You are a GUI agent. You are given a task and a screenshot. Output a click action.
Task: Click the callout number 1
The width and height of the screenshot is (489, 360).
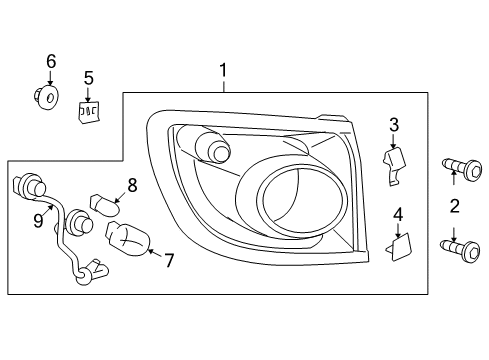pyautogui.click(x=223, y=70)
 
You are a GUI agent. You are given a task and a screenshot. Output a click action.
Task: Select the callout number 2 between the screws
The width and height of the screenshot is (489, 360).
pyautogui.click(x=455, y=206)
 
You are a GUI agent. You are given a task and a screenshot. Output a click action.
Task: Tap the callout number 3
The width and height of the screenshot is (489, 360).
pyautogui.click(x=394, y=125)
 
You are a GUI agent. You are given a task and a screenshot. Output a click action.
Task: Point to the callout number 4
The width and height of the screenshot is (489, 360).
pyautogui.click(x=398, y=215)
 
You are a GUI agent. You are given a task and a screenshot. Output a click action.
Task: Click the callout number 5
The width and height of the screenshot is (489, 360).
pyautogui.click(x=88, y=78)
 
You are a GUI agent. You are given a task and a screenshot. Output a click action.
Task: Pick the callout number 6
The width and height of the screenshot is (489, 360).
pyautogui.click(x=51, y=62)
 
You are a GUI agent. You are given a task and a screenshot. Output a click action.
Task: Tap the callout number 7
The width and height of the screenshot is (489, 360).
pyautogui.click(x=169, y=260)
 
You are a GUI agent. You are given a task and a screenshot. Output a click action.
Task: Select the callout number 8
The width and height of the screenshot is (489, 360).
pyautogui.click(x=132, y=185)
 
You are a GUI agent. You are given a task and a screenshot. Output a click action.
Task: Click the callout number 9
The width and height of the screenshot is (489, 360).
pyautogui.click(x=38, y=220)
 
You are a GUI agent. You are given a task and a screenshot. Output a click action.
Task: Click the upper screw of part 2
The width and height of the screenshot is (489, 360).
pyautogui.click(x=462, y=168)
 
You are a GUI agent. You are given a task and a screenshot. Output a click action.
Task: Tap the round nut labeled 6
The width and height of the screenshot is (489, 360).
pyautogui.click(x=46, y=97)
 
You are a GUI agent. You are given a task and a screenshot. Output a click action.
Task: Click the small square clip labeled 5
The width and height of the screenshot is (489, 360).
pyautogui.click(x=89, y=112)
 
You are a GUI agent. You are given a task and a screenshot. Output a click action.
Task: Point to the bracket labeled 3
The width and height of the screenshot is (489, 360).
pyautogui.click(x=394, y=166)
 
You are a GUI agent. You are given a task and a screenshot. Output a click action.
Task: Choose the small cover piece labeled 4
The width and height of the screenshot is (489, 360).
pyautogui.click(x=399, y=247)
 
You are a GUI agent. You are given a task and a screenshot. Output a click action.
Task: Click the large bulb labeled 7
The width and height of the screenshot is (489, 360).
pyautogui.click(x=127, y=239)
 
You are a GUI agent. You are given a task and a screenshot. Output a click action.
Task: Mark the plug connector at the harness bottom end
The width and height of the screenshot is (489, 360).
pyautogui.click(x=93, y=272)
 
